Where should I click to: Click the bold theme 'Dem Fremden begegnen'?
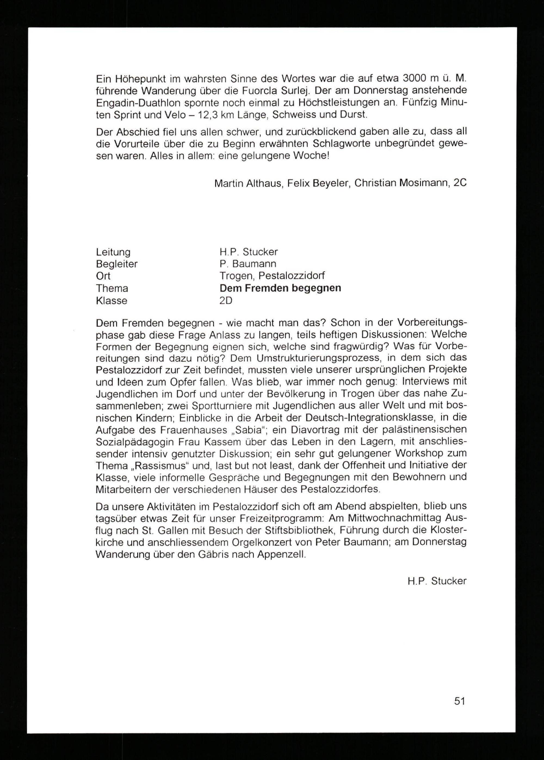point(280,288)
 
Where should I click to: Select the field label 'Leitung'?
point(113,252)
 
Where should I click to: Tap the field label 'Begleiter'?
point(117,264)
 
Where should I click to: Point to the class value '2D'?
point(226,301)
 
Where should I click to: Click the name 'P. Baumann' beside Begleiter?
point(248,264)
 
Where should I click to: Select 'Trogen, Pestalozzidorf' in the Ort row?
point(272,276)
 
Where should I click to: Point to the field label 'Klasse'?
point(112,301)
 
